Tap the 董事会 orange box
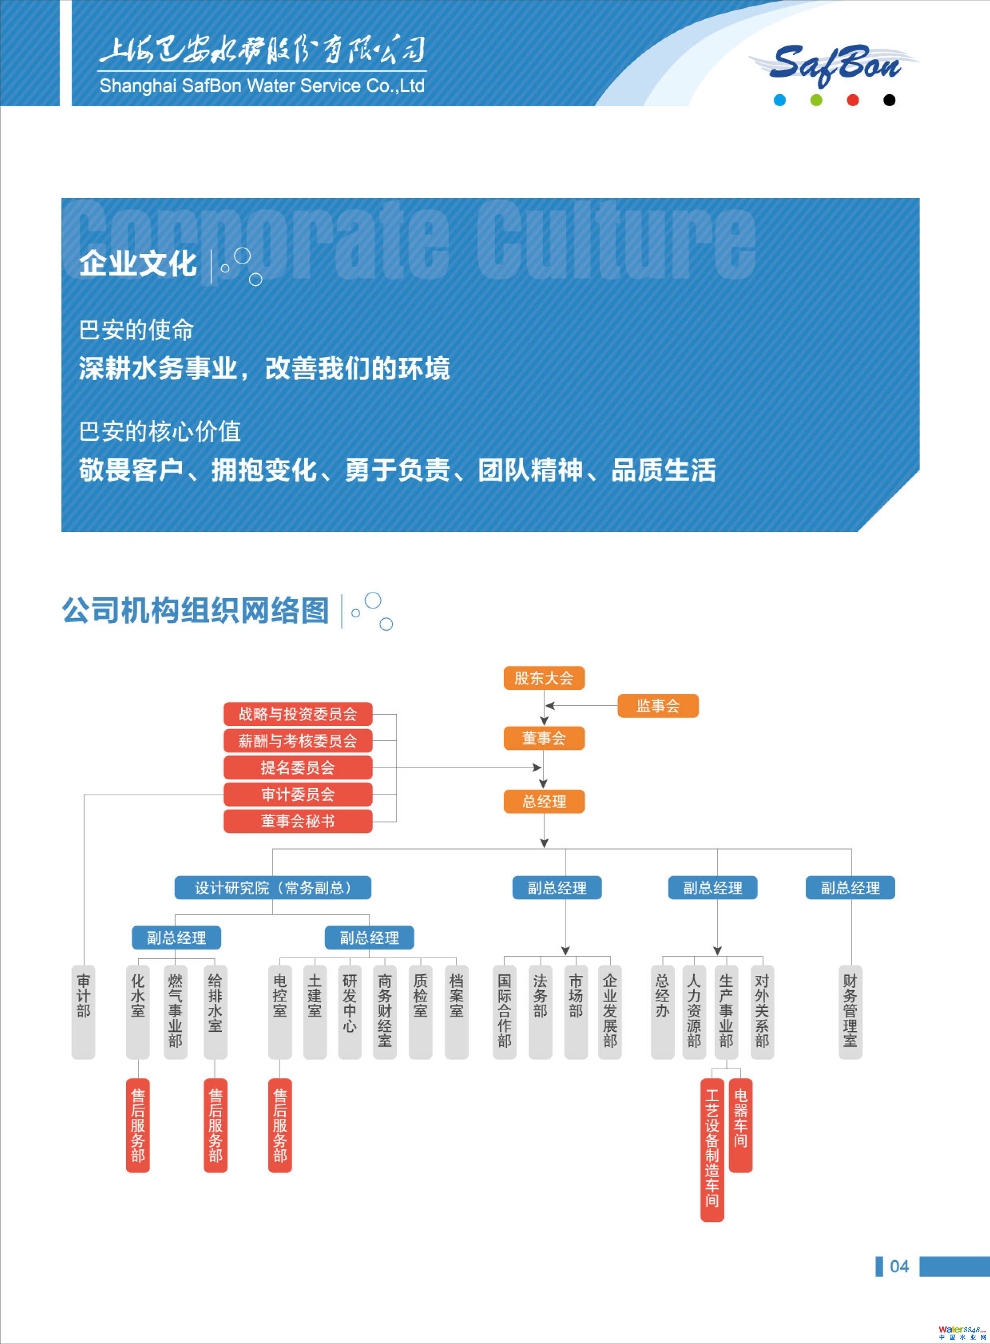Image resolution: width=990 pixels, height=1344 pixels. pos(544,738)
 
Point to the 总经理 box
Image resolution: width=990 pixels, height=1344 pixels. pos(544,802)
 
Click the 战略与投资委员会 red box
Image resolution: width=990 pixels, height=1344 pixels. pos(298,714)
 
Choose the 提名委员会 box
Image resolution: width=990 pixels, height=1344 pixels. pos(298,767)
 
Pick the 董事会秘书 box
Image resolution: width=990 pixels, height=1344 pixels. pos(298,821)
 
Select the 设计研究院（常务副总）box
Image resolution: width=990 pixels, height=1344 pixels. pos(273,887)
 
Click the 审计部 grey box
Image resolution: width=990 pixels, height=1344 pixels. pos(83,1011)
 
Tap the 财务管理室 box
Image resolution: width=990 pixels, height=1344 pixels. pos(850,1011)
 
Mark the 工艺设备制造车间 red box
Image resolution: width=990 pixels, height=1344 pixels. pos(712,1149)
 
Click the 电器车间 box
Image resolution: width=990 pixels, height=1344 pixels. pos(741,1125)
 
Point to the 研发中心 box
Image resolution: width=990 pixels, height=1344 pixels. pos(349,1011)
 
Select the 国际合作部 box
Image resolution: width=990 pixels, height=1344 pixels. pos(505,1011)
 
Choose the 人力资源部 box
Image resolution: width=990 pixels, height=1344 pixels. pos(694,1011)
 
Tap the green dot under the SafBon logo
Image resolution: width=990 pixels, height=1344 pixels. pos(816,100)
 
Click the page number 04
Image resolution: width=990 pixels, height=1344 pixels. pos(899,1266)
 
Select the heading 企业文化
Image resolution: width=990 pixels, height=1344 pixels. pos(138,264)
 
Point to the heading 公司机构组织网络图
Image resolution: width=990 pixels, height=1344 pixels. pos(195,611)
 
